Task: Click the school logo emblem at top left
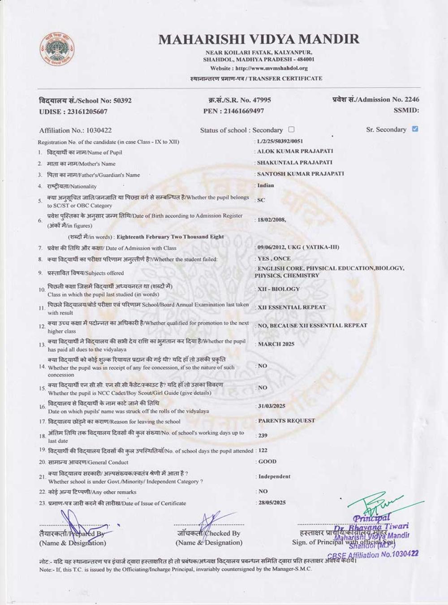[x=56, y=49]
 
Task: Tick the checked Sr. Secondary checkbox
[x=415, y=129]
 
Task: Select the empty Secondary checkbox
[x=291, y=130]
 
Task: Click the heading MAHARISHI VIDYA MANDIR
[x=258, y=39]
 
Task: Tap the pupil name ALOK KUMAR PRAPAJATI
[x=295, y=151]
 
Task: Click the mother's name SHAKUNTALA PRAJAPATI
[x=294, y=163]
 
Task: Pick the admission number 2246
[x=412, y=99]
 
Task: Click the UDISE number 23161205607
[x=86, y=111]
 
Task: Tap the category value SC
[x=261, y=200]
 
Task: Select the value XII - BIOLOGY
[x=278, y=289]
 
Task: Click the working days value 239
[x=263, y=435]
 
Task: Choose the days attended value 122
[x=263, y=450]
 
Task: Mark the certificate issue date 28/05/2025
[x=272, y=503]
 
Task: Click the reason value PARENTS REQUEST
[x=286, y=421]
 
